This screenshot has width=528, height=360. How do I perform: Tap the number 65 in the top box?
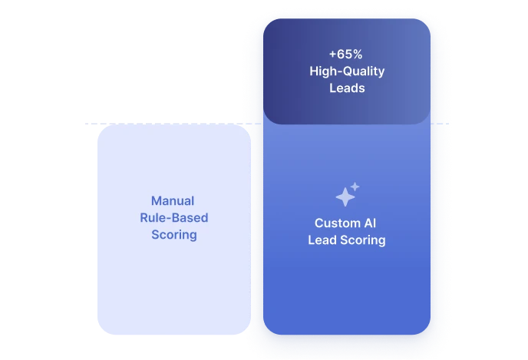(x=342, y=55)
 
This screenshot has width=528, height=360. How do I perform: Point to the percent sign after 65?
(x=356, y=55)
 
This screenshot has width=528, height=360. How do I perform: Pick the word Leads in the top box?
(x=347, y=88)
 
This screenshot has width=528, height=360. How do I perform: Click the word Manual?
(x=173, y=201)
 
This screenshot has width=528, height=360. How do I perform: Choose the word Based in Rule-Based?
(x=190, y=218)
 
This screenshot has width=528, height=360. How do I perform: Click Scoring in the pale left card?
(x=173, y=235)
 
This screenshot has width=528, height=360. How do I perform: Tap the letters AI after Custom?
(x=370, y=223)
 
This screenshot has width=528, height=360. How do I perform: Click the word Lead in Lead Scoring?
(x=322, y=240)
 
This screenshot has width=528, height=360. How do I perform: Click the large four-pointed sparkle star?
(x=345, y=198)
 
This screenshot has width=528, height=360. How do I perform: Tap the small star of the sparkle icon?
(x=355, y=187)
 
